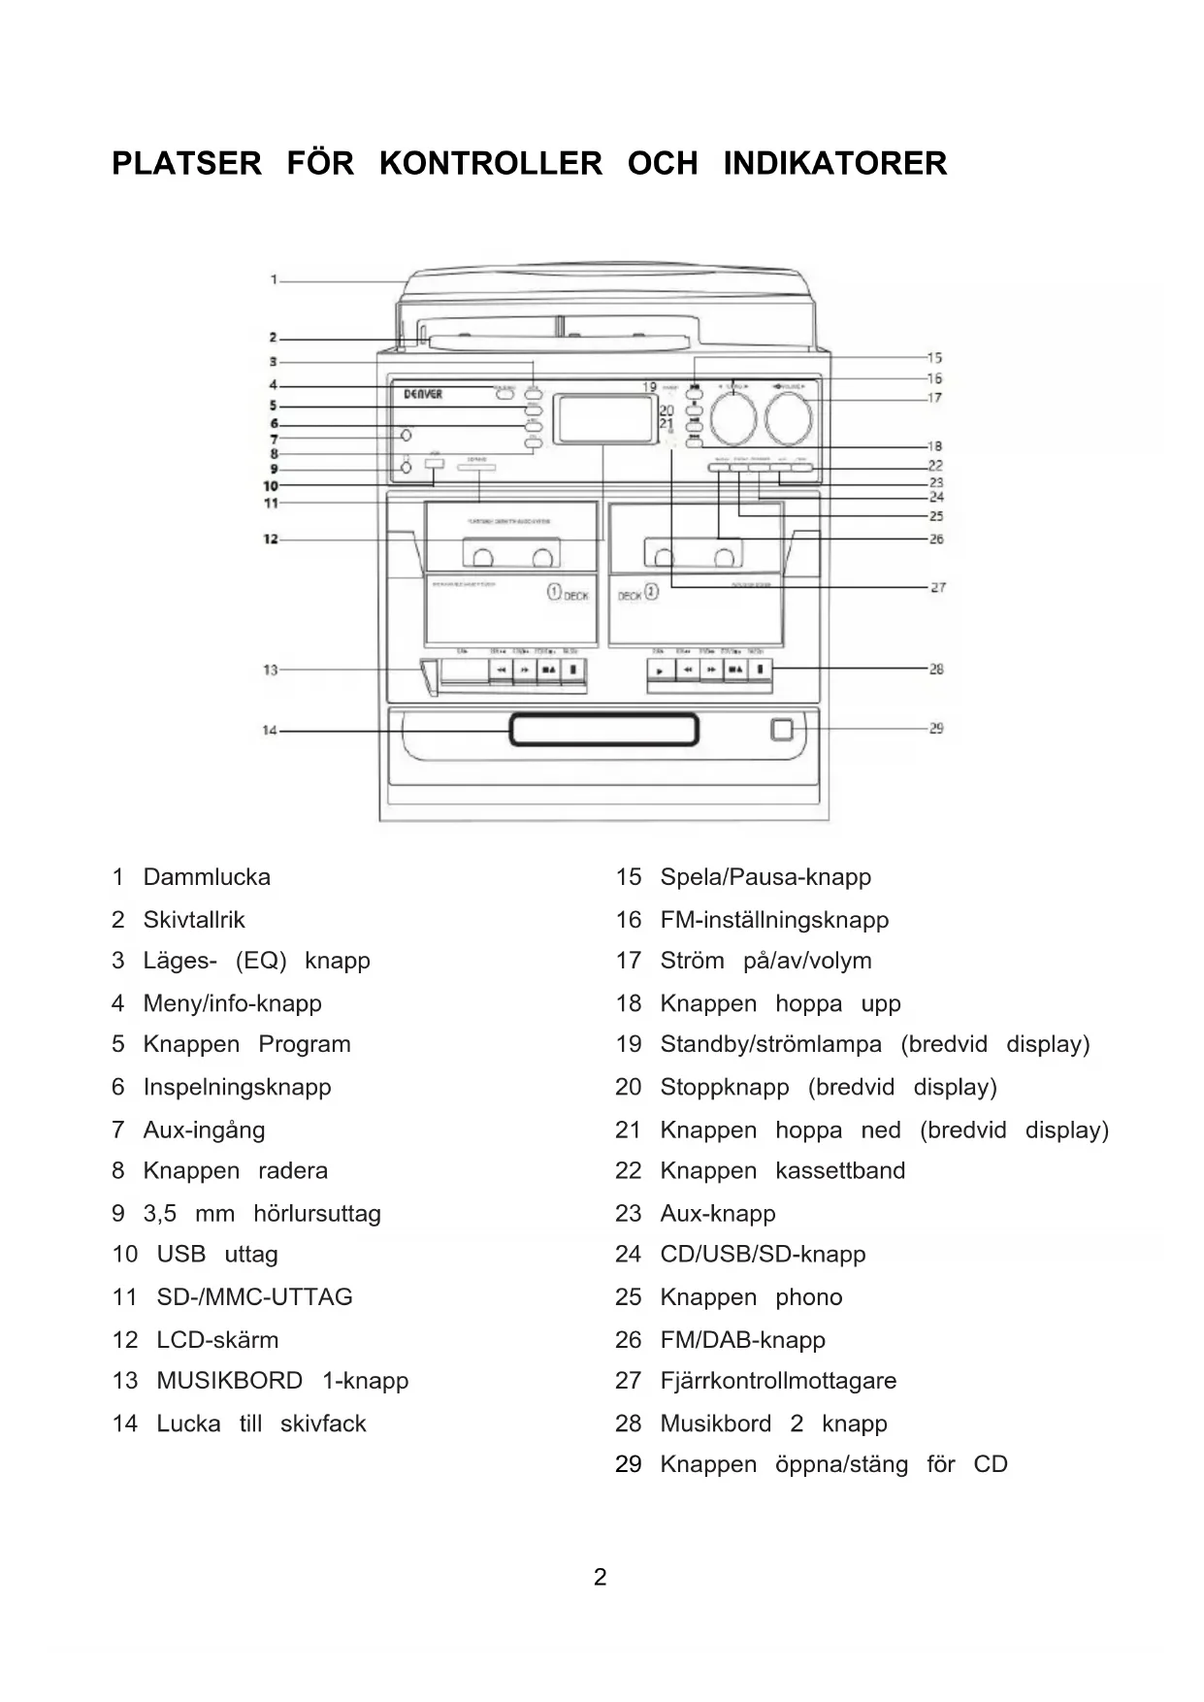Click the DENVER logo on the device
423,394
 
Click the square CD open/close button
782,730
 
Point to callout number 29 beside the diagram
936,728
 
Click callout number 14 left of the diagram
270,730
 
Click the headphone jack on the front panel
407,469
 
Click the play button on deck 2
660,670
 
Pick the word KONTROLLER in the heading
490,163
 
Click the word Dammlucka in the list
207,877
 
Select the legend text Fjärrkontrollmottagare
778,1380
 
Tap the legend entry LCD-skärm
217,1339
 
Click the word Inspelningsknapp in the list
237,1087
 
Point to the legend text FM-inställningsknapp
774,919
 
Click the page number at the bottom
601,1577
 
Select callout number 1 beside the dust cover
275,279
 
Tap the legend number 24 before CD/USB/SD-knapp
628,1254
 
